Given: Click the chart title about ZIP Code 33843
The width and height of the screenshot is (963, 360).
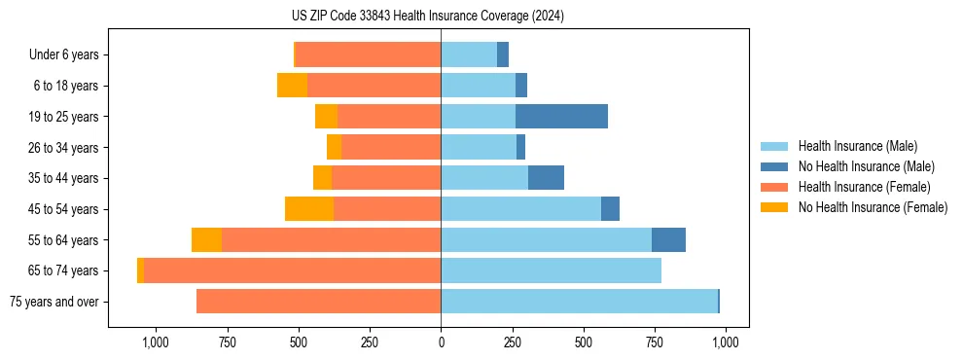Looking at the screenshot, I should pyautogui.click(x=427, y=16).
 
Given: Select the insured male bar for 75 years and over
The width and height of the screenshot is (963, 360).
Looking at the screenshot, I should pyautogui.click(x=579, y=302).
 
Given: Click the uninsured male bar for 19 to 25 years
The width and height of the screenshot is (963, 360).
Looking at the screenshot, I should pyautogui.click(x=561, y=117).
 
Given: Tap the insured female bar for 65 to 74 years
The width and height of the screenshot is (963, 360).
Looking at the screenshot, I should pyautogui.click(x=292, y=270).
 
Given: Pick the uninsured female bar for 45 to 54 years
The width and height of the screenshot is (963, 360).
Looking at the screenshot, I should pyautogui.click(x=309, y=209).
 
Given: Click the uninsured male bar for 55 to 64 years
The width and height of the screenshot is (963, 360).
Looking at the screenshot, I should pyautogui.click(x=668, y=240).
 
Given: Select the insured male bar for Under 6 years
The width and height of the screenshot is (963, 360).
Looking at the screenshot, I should pyautogui.click(x=469, y=54).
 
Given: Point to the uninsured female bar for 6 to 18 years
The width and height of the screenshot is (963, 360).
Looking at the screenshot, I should pyautogui.click(x=292, y=86).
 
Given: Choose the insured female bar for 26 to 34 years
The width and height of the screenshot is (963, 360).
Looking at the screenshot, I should pyautogui.click(x=391, y=147).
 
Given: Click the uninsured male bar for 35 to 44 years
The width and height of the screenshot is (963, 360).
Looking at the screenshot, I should pyautogui.click(x=546, y=178).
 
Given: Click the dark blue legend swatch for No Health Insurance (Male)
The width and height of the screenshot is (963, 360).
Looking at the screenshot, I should pyautogui.click(x=774, y=166).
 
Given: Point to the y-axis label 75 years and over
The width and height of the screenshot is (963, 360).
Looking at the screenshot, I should pyautogui.click(x=53, y=302).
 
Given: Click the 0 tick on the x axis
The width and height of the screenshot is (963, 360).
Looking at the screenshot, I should pyautogui.click(x=441, y=342).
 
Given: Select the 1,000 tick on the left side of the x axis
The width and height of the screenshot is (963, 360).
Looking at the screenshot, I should pyautogui.click(x=156, y=342).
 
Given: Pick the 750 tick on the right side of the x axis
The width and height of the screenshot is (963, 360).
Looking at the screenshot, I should pyautogui.click(x=655, y=342).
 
